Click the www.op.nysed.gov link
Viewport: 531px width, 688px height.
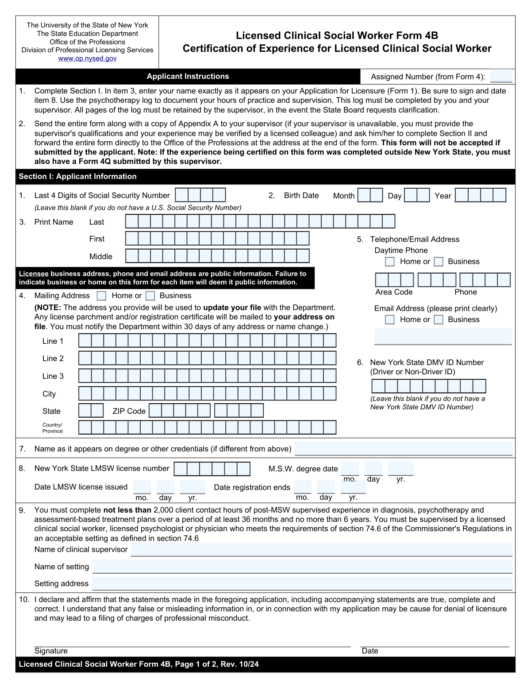click(87, 58)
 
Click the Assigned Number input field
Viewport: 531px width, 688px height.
click(501, 76)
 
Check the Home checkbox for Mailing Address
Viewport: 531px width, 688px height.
click(102, 296)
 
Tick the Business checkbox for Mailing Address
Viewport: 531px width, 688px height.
click(150, 296)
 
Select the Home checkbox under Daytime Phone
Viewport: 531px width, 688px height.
click(390, 262)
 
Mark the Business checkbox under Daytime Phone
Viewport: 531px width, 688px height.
click(439, 262)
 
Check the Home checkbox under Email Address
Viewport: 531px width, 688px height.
click(390, 320)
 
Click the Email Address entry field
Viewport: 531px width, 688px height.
click(443, 336)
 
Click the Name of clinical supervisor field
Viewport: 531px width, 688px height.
click(321, 550)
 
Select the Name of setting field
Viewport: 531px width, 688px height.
click(302, 567)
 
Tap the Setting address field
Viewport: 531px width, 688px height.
click(302, 583)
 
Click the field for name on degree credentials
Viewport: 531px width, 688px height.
click(403, 449)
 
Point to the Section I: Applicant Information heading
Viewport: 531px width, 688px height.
click(77, 176)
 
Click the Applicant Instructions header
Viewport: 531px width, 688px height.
click(188, 76)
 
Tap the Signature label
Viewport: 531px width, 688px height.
click(51, 651)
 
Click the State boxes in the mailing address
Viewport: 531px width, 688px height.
click(91, 411)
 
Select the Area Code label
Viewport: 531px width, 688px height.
click(394, 292)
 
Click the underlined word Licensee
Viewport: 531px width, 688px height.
click(34, 274)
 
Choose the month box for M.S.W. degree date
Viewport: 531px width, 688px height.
click(350, 469)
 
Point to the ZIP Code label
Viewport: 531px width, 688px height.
click(129, 411)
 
